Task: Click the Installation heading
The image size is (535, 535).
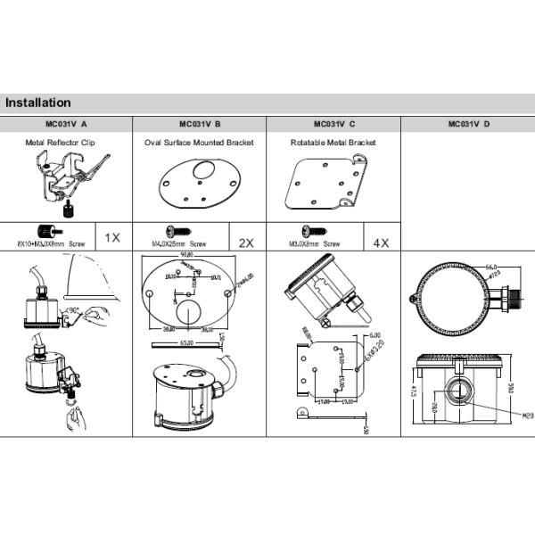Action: (37, 103)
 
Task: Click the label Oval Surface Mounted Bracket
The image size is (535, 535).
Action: (199, 142)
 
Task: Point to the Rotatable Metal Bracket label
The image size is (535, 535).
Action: (333, 142)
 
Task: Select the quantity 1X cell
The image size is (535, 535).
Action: (112, 237)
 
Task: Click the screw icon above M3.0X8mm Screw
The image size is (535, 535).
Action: (313, 231)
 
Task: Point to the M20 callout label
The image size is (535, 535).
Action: (527, 415)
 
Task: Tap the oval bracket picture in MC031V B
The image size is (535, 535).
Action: (198, 184)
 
